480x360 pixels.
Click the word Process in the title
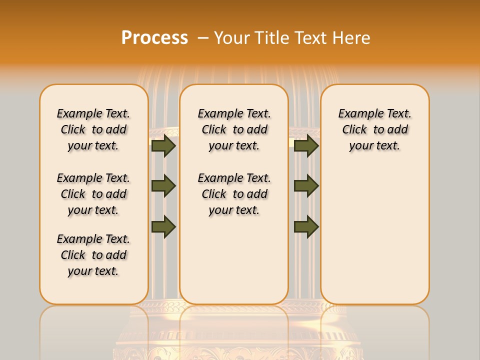154,37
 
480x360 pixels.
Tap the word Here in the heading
351,38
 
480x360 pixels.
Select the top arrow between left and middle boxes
163,146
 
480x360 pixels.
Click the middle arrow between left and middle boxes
163,186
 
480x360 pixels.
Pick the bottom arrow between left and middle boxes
163,226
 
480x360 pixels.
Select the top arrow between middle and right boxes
306,146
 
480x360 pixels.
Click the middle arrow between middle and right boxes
306,186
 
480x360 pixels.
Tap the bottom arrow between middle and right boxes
306,226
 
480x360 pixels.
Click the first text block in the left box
93,129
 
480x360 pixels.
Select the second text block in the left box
93,194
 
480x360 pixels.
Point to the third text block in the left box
93,255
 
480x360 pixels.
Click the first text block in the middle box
234,129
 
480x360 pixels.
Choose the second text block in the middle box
234,194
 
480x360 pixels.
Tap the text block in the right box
375,129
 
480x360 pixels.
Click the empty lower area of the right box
375,235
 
